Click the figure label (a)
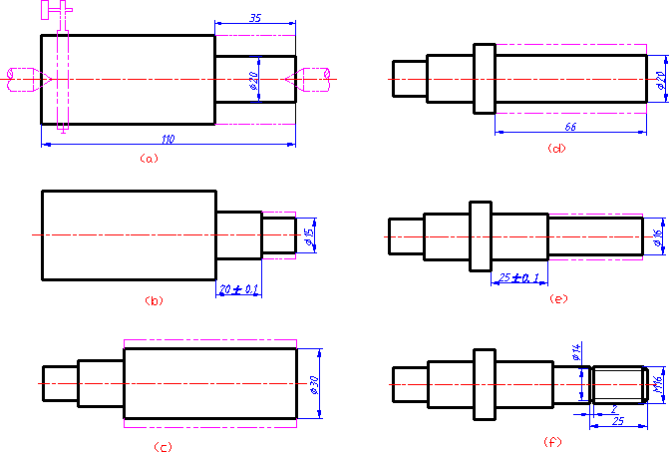point(149,158)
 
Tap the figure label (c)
point(163,446)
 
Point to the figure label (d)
point(557,149)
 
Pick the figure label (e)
point(558,297)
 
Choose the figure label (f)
point(551,441)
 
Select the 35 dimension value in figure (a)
point(256,17)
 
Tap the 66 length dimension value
point(571,127)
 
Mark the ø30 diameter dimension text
point(314,383)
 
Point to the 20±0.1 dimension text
point(238,288)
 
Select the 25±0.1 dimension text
point(518,276)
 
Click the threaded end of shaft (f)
point(618,384)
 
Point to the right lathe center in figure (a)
point(313,78)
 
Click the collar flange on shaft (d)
point(485,79)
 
